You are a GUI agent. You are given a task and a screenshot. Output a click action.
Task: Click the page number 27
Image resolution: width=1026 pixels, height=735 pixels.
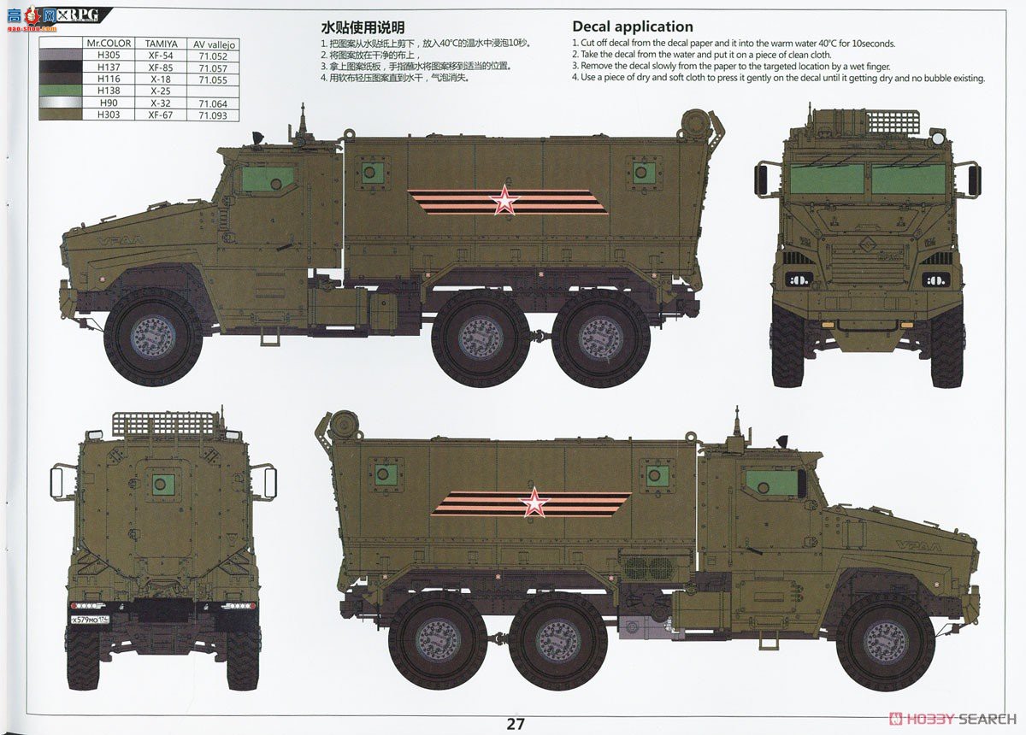pos(515,724)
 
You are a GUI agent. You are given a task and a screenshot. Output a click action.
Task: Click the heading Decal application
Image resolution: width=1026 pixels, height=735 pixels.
pos(632,26)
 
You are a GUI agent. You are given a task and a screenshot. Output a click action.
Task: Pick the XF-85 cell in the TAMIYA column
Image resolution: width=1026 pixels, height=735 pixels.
pos(161,67)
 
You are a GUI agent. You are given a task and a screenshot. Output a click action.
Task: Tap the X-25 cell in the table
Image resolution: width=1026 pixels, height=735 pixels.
pos(161,91)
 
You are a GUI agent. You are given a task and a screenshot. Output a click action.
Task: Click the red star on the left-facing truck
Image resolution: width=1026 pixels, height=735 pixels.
pos(504,202)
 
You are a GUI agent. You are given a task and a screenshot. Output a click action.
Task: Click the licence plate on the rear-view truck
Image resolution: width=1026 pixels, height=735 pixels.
pos(100,619)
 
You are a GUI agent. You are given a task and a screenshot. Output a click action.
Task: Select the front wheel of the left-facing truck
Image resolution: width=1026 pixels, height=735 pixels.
pos(153,337)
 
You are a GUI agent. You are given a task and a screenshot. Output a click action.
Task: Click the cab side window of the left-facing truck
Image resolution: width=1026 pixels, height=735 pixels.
pos(267,179)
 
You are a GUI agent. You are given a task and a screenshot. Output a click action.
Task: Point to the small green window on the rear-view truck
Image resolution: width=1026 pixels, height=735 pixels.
pos(162,485)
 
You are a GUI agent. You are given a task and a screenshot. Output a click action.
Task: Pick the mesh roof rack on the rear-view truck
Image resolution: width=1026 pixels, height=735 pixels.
pos(162,424)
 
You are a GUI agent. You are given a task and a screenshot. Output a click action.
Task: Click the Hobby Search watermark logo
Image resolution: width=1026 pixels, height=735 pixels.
pos(949,719)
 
